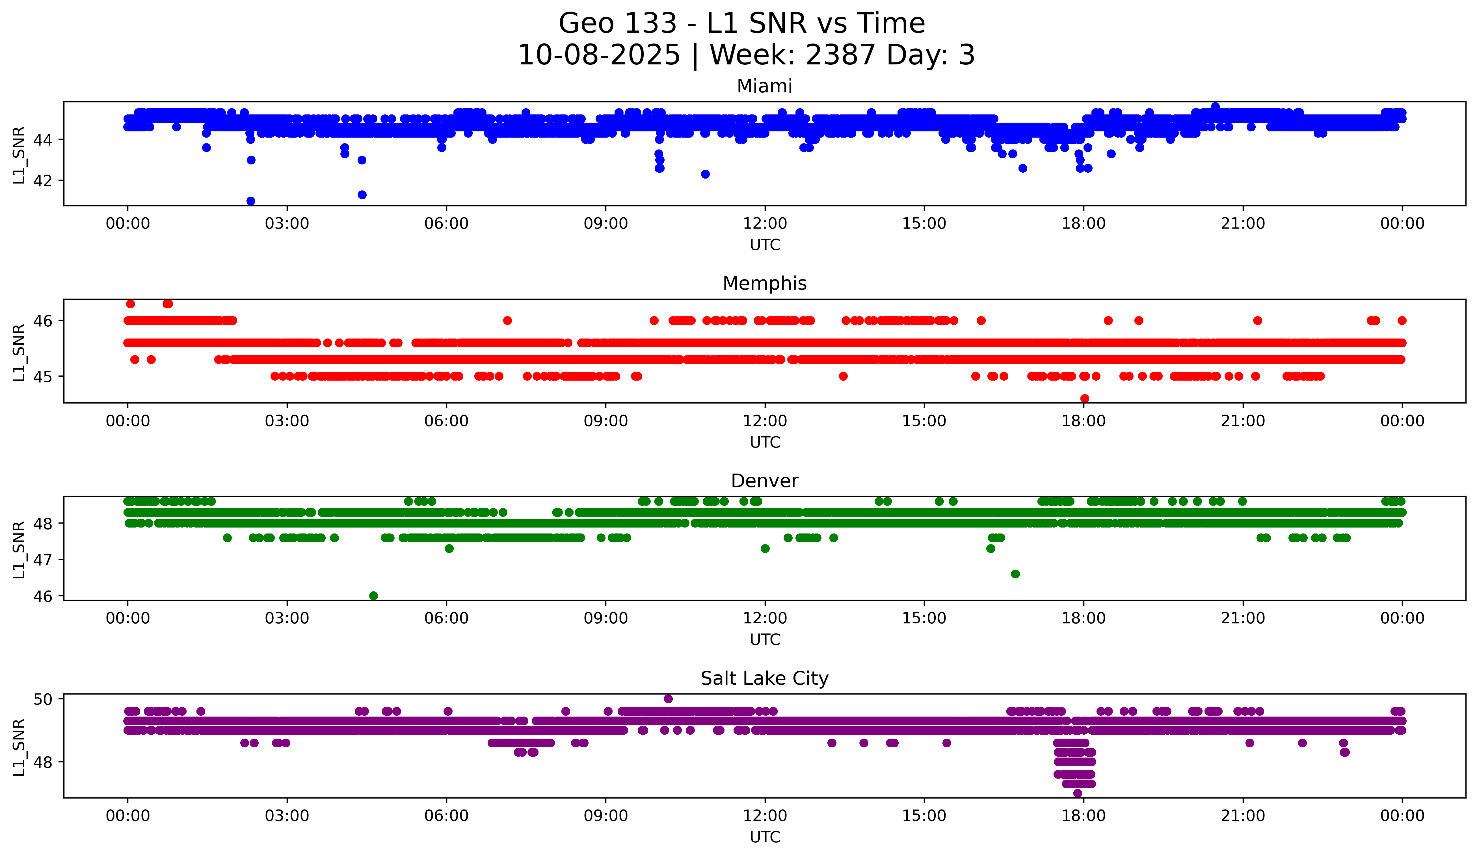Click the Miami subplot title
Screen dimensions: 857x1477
pos(764,86)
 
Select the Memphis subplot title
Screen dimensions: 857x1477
pos(764,283)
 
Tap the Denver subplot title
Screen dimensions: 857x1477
pos(764,481)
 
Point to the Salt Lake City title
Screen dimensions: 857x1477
pos(764,678)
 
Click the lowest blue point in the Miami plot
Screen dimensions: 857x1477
pos(251,201)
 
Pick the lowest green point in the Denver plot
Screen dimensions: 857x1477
pos(373,596)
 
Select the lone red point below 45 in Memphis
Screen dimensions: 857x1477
pos(1084,398)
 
